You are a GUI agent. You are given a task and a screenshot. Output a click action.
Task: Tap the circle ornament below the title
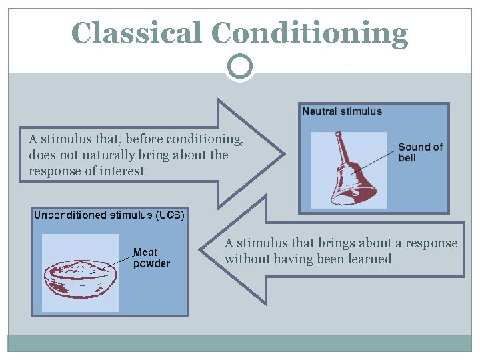pyautogui.click(x=240, y=67)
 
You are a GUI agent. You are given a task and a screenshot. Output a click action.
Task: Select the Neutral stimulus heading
pyautogui.click(x=342, y=111)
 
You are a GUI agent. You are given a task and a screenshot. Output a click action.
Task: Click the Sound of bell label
pyautogui.click(x=420, y=152)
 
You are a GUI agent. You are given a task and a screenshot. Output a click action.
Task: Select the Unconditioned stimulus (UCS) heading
pyautogui.click(x=109, y=215)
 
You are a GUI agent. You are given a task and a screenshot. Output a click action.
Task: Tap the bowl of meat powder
pyautogui.click(x=81, y=276)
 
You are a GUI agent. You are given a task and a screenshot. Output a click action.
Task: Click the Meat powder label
pyautogui.click(x=151, y=257)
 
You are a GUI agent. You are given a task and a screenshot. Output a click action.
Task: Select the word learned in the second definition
pyautogui.click(x=369, y=259)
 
